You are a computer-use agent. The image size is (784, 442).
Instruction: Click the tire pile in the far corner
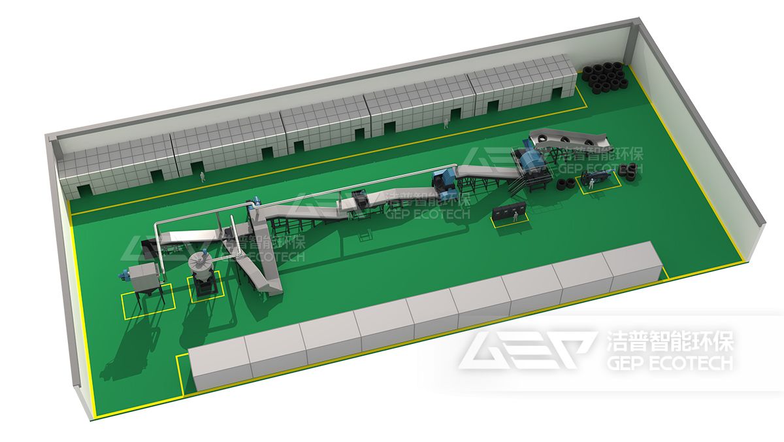coord(605,79)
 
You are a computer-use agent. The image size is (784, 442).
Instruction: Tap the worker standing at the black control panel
coord(515,216)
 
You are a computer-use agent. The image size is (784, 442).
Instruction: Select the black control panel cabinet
coord(509,212)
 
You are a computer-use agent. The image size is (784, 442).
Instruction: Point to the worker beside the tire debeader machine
coord(591,183)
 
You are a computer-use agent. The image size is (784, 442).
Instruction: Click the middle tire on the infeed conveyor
coord(565,139)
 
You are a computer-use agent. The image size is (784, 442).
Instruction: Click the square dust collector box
coord(146,277)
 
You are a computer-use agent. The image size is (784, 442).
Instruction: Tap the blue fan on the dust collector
coord(123,275)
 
